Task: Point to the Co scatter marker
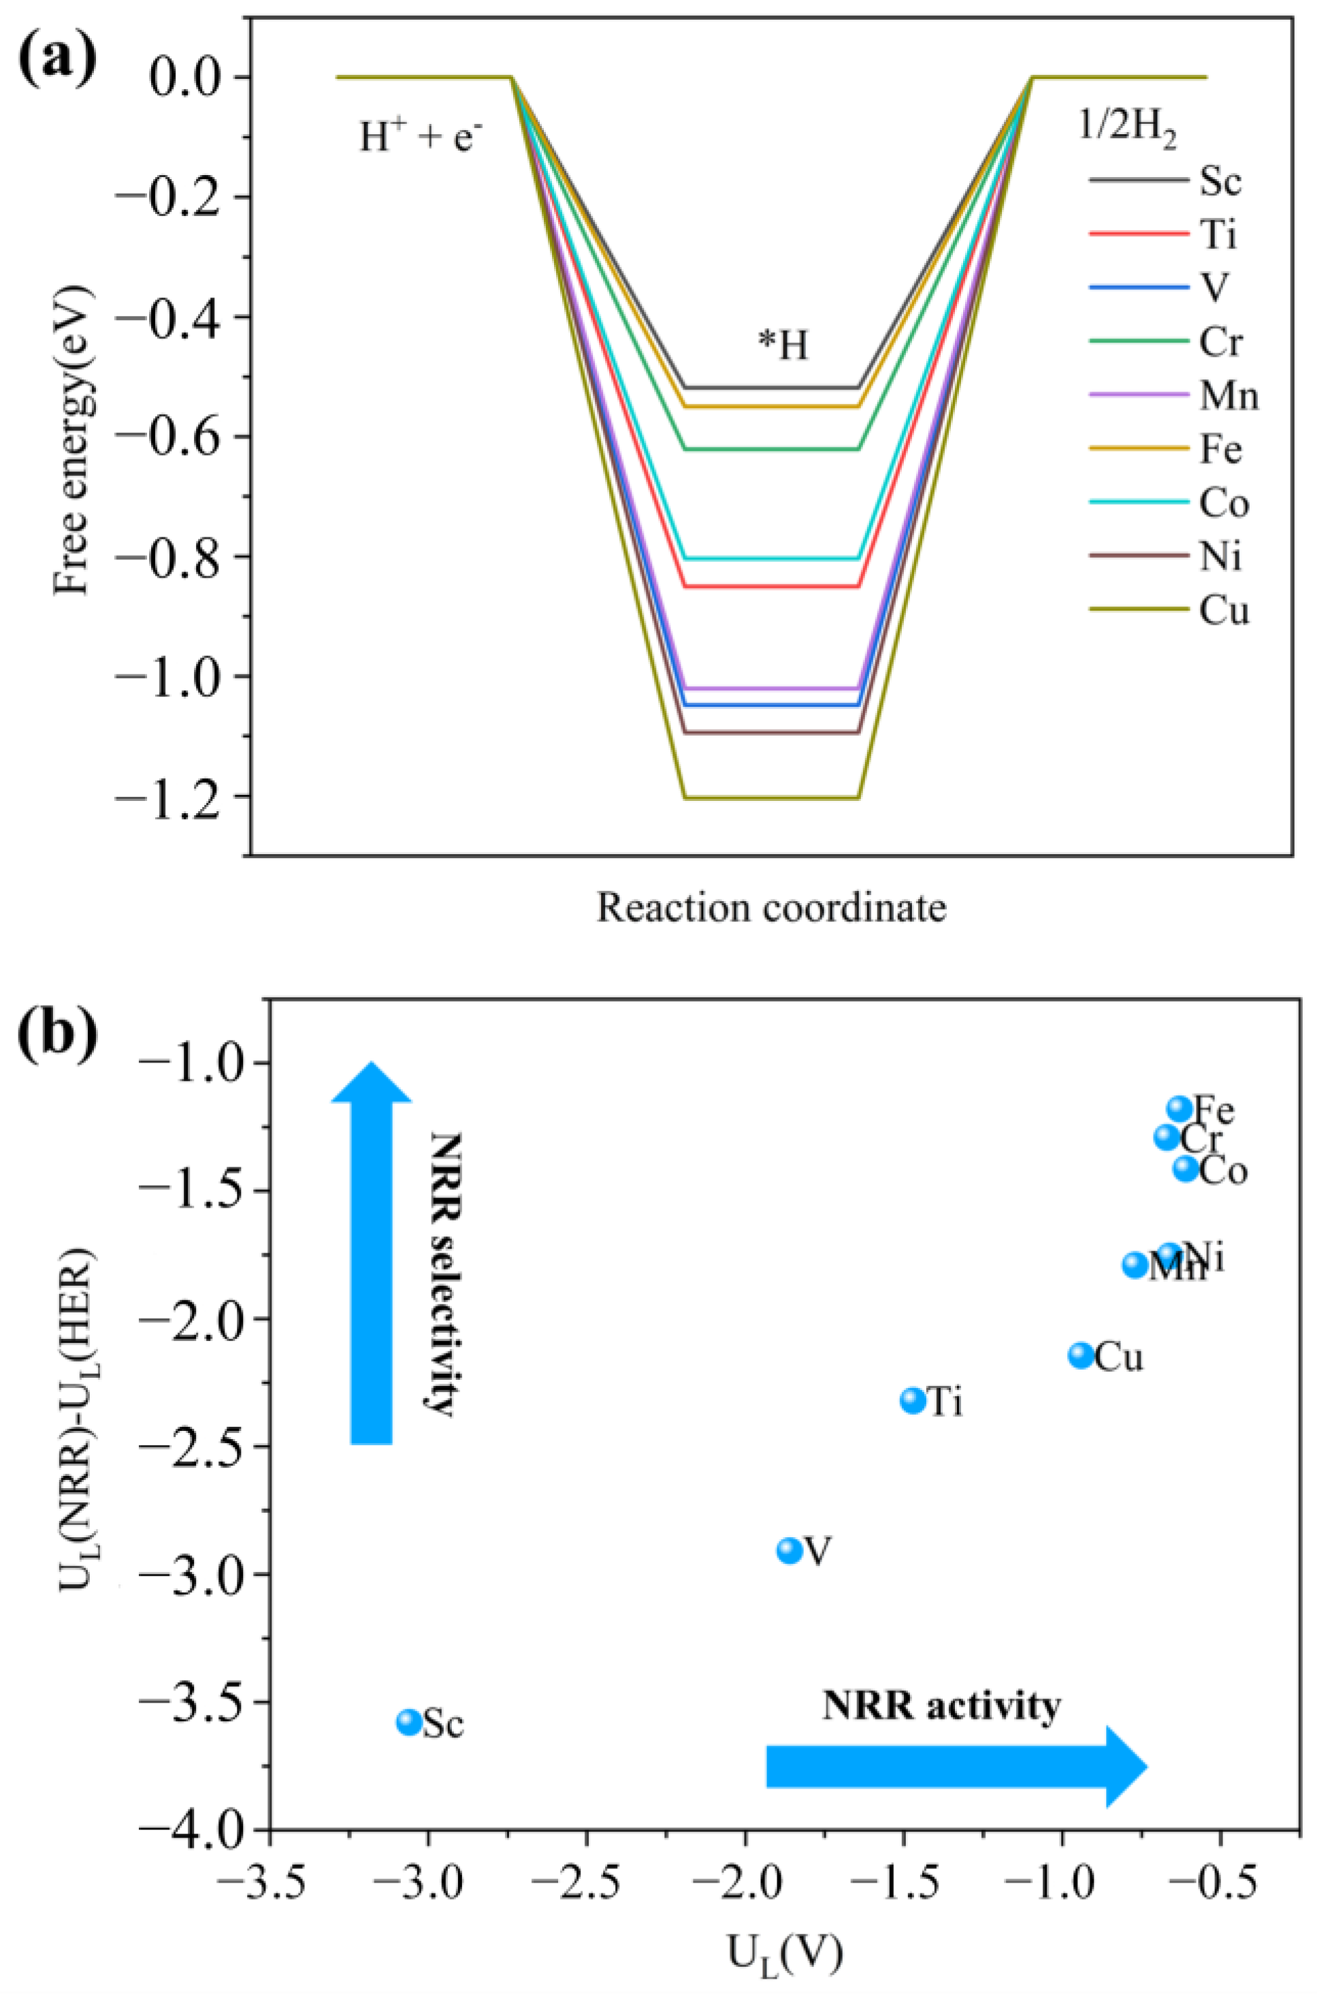pyautogui.click(x=1186, y=1168)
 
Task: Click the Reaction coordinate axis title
pyautogui.click(x=770, y=908)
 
